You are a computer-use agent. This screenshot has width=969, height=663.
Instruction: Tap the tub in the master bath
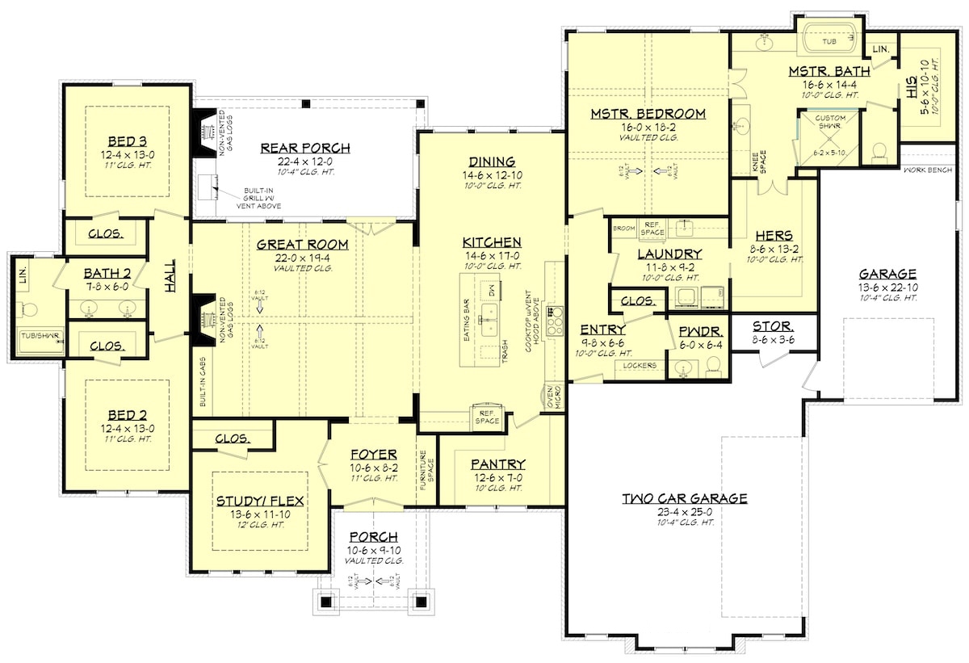(829, 40)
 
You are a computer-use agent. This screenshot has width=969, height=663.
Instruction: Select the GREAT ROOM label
(303, 245)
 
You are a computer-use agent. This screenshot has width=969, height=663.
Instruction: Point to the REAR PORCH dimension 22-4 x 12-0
(304, 161)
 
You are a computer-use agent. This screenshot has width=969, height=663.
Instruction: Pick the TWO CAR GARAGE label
(685, 498)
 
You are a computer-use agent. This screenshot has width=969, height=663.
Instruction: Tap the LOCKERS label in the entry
(640, 366)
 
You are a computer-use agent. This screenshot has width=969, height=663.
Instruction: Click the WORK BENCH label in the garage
(929, 170)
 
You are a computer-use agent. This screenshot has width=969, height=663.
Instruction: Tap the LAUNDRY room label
(669, 254)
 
